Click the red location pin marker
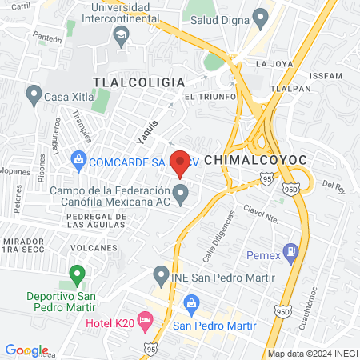click(x=180, y=162)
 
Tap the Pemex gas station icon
click(x=290, y=251)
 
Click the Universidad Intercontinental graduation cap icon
click(x=121, y=34)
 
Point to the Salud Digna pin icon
click(x=260, y=17)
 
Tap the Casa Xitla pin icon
click(x=33, y=96)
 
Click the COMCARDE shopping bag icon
click(x=79, y=161)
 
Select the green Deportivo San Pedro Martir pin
click(x=77, y=275)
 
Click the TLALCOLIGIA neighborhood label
click(x=138, y=82)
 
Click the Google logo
click(x=26, y=350)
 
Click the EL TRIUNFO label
click(x=210, y=96)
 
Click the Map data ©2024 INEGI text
click(x=312, y=353)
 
